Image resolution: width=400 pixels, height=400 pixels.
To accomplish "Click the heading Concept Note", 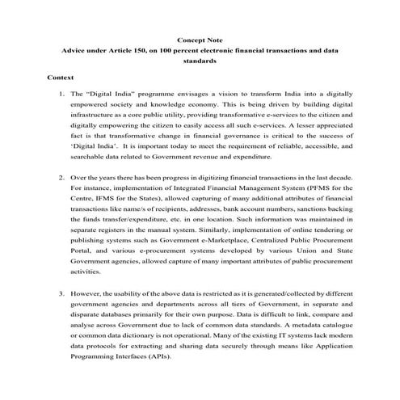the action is (x=200, y=39).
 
